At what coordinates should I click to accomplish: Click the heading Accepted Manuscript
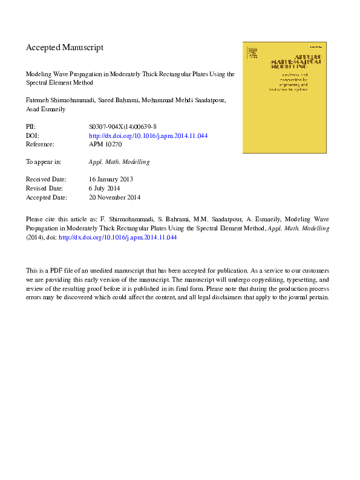(x=65, y=47)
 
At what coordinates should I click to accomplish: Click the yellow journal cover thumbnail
(x=284, y=97)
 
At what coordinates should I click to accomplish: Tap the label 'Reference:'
(x=40, y=144)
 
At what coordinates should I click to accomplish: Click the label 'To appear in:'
(x=43, y=162)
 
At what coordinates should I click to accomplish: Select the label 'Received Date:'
(x=45, y=180)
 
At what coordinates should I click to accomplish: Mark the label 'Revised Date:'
(x=44, y=188)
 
